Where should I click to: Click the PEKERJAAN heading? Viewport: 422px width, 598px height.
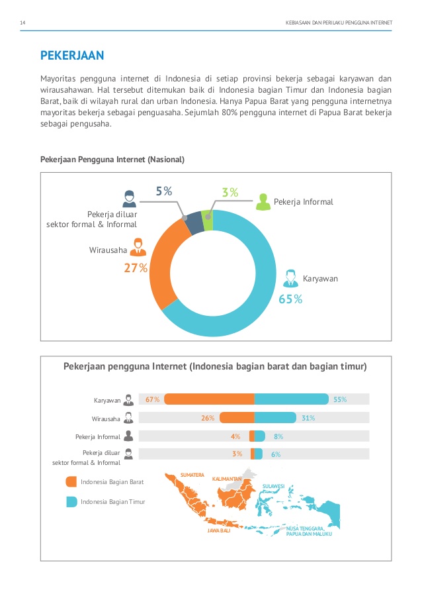[x=73, y=55]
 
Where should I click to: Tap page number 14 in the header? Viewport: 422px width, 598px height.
[x=23, y=23]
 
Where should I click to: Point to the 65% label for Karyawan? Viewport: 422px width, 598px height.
[x=290, y=299]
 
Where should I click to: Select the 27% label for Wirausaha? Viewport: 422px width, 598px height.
[x=136, y=268]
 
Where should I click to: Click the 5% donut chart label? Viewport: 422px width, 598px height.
[x=164, y=191]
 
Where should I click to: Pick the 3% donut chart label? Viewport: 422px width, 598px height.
[x=230, y=193]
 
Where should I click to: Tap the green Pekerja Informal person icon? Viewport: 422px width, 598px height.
[x=263, y=202]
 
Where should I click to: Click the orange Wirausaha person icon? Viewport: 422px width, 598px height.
[x=138, y=247]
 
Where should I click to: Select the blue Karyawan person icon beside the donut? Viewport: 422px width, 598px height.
[x=290, y=277]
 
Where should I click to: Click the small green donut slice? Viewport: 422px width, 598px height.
[x=208, y=221]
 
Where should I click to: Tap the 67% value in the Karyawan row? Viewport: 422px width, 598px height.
[x=153, y=399]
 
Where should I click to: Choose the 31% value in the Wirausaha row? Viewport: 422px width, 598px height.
[x=308, y=418]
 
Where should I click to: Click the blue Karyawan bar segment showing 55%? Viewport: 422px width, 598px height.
[x=291, y=399]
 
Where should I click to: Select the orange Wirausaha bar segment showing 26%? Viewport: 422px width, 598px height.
[x=237, y=418]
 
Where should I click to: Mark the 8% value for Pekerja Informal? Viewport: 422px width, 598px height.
[x=278, y=436]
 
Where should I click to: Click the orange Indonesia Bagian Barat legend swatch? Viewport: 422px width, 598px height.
[x=71, y=481]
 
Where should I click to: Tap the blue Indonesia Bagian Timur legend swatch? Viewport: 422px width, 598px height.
[x=71, y=501]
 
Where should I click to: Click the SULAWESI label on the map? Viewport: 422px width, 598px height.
[x=273, y=486]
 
